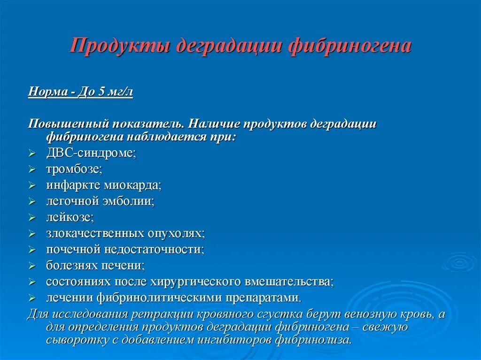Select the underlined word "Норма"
click(x=47, y=92)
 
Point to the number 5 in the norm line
click(x=102, y=92)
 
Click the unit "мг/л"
click(x=121, y=92)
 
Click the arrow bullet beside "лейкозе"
click(x=32, y=218)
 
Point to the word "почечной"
click(x=70, y=249)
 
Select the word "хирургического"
click(x=196, y=282)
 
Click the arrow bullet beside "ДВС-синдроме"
click(x=32, y=153)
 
